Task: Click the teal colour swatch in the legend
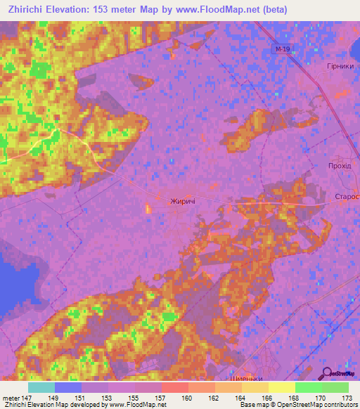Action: tap(41, 387)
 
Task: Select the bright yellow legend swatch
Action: tap(282, 387)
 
